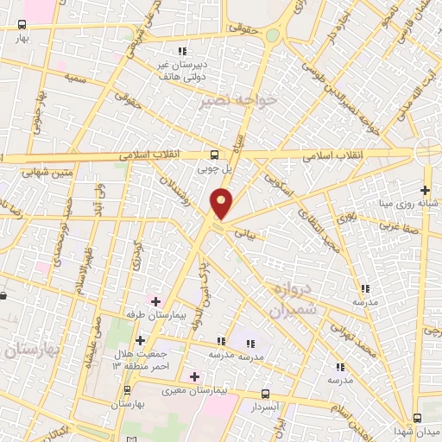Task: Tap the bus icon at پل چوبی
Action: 214,155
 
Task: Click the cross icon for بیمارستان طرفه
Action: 155,300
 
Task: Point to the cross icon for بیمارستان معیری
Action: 194,376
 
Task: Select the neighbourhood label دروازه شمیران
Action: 294,298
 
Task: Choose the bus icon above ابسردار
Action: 265,393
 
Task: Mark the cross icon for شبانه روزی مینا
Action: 424,191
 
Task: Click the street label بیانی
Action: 247,231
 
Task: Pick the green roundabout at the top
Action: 273,35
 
